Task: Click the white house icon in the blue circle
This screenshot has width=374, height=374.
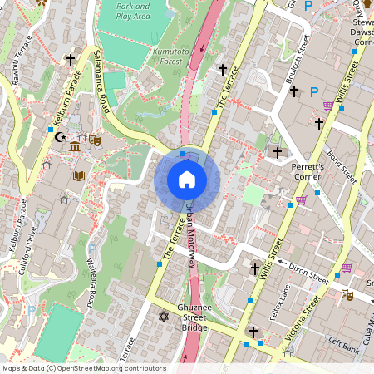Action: [187, 180]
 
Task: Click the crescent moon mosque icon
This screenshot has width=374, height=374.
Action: [59, 138]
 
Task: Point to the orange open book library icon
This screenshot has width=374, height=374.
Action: [79, 176]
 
